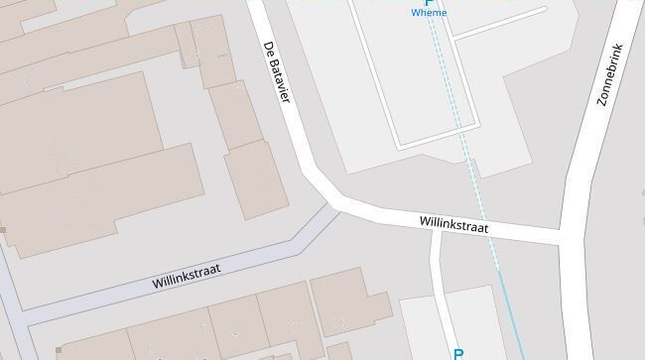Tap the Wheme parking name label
(429, 13)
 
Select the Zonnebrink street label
(608, 74)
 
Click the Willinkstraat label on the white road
(453, 225)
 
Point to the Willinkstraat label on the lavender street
(186, 274)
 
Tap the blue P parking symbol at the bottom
(458, 353)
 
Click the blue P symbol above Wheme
(429, 3)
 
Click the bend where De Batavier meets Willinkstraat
(333, 197)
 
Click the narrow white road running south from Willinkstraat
(439, 288)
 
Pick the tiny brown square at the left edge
(3, 230)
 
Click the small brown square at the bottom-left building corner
(59, 350)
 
